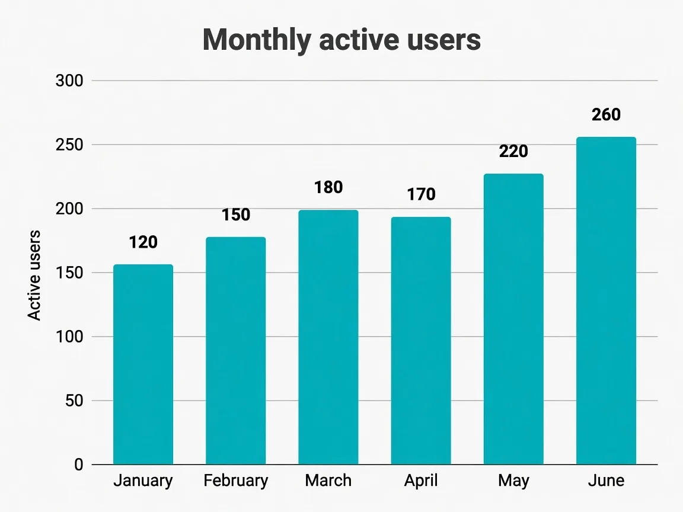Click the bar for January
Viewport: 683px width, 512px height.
[143, 364]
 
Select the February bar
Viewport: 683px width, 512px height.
[235, 350]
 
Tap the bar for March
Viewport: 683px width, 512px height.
[328, 337]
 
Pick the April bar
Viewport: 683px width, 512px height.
[421, 341]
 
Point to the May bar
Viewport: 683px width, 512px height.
[513, 319]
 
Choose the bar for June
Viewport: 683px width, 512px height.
[607, 301]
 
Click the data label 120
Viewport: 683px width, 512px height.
[143, 242]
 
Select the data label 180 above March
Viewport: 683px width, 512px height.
[328, 187]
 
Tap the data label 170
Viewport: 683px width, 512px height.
[421, 194]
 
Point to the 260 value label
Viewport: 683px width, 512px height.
[607, 114]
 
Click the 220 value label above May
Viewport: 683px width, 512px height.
[513, 151]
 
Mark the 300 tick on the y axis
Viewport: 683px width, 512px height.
[69, 81]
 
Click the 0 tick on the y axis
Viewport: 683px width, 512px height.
[78, 465]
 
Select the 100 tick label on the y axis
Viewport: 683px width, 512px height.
[69, 337]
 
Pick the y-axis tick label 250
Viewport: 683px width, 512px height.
[69, 145]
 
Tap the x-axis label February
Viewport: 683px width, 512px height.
[235, 481]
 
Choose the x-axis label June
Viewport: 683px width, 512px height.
[607, 480]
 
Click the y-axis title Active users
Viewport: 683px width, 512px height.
[34, 275]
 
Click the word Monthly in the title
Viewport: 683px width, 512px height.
[257, 40]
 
